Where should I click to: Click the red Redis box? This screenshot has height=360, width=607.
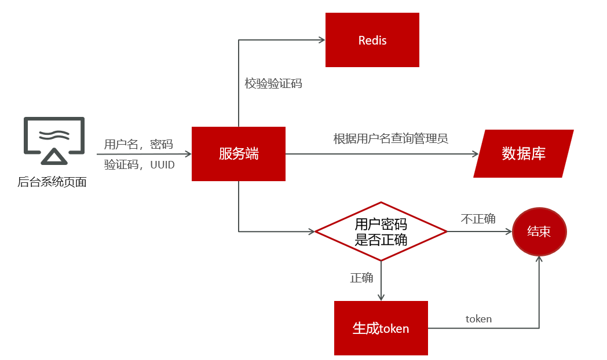point(372,41)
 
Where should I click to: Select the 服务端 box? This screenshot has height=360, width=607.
point(238,154)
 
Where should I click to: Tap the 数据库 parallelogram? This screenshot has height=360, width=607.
point(523,153)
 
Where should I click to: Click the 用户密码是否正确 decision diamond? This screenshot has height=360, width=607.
point(381,232)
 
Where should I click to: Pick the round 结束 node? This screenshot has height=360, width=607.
point(539,232)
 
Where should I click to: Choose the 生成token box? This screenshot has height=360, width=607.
point(381,328)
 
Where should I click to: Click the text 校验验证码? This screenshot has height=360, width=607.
point(273,84)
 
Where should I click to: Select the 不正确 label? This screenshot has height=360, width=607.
point(478,219)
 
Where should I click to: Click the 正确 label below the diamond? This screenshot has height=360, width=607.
point(361,278)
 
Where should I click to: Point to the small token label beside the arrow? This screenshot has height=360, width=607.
point(478,319)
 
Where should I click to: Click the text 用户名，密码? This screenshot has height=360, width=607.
point(138,145)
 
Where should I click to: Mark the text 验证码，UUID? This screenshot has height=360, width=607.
point(138,164)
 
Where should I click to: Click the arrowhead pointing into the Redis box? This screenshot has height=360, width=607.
point(320,40)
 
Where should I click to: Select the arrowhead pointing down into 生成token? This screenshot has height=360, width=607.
point(381,296)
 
